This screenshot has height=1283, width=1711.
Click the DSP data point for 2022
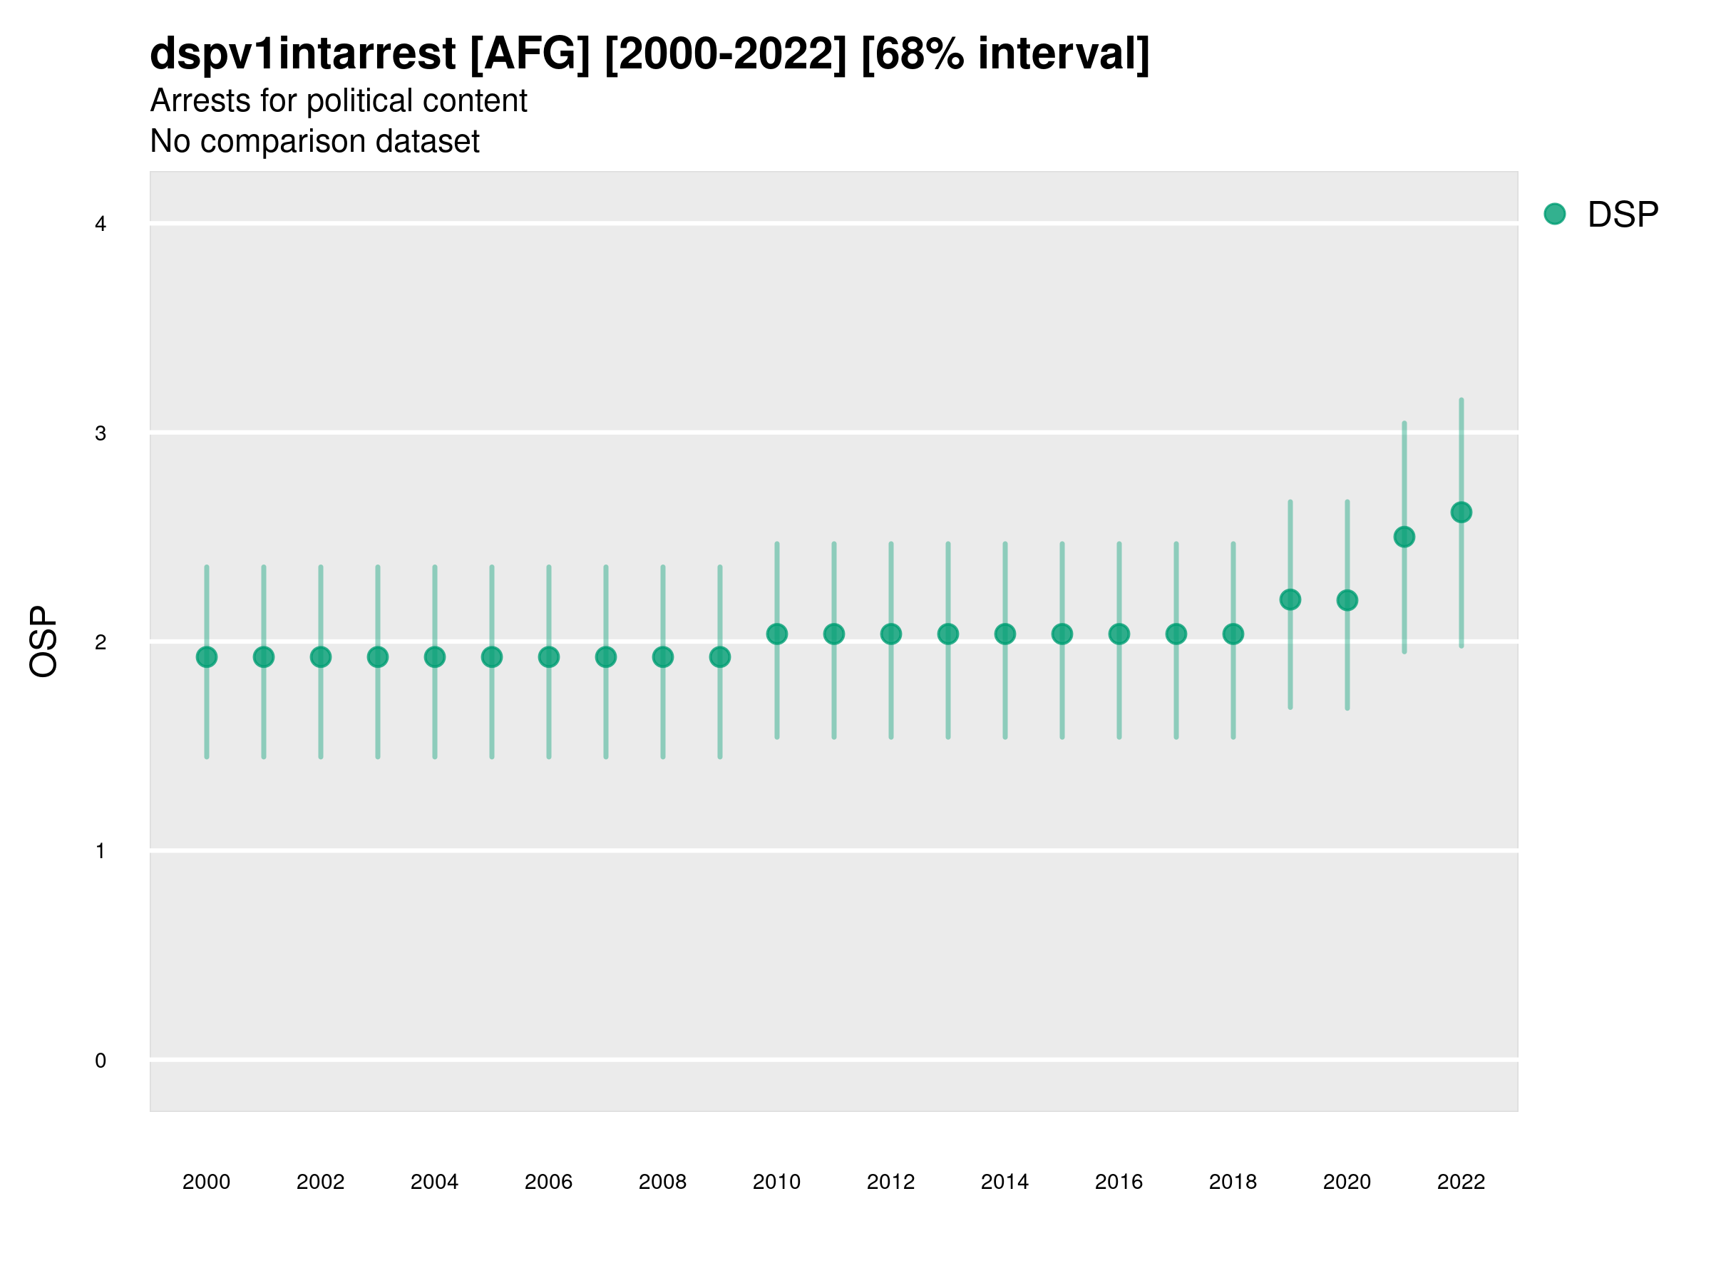[1461, 512]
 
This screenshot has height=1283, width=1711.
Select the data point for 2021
[1404, 537]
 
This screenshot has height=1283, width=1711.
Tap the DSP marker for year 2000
[207, 657]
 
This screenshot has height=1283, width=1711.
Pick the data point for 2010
[776, 634]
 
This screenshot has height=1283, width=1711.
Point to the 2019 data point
[1290, 599]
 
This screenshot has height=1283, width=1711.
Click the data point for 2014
[1004, 634]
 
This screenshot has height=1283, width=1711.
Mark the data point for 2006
[548, 657]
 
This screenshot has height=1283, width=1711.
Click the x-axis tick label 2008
[662, 1182]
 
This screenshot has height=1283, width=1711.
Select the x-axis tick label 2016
[1119, 1182]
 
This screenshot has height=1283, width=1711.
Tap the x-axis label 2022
[1461, 1182]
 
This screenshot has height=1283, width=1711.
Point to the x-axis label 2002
[320, 1182]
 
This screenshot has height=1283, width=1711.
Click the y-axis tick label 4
[101, 225]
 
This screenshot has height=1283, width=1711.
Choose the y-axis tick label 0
[101, 1061]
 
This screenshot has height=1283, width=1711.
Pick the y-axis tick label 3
[101, 433]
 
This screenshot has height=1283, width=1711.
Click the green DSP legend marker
[1554, 215]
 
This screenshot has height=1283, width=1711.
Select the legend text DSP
[1623, 215]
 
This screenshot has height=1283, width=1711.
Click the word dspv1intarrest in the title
[302, 54]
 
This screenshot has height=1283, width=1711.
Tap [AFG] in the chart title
[530, 54]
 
